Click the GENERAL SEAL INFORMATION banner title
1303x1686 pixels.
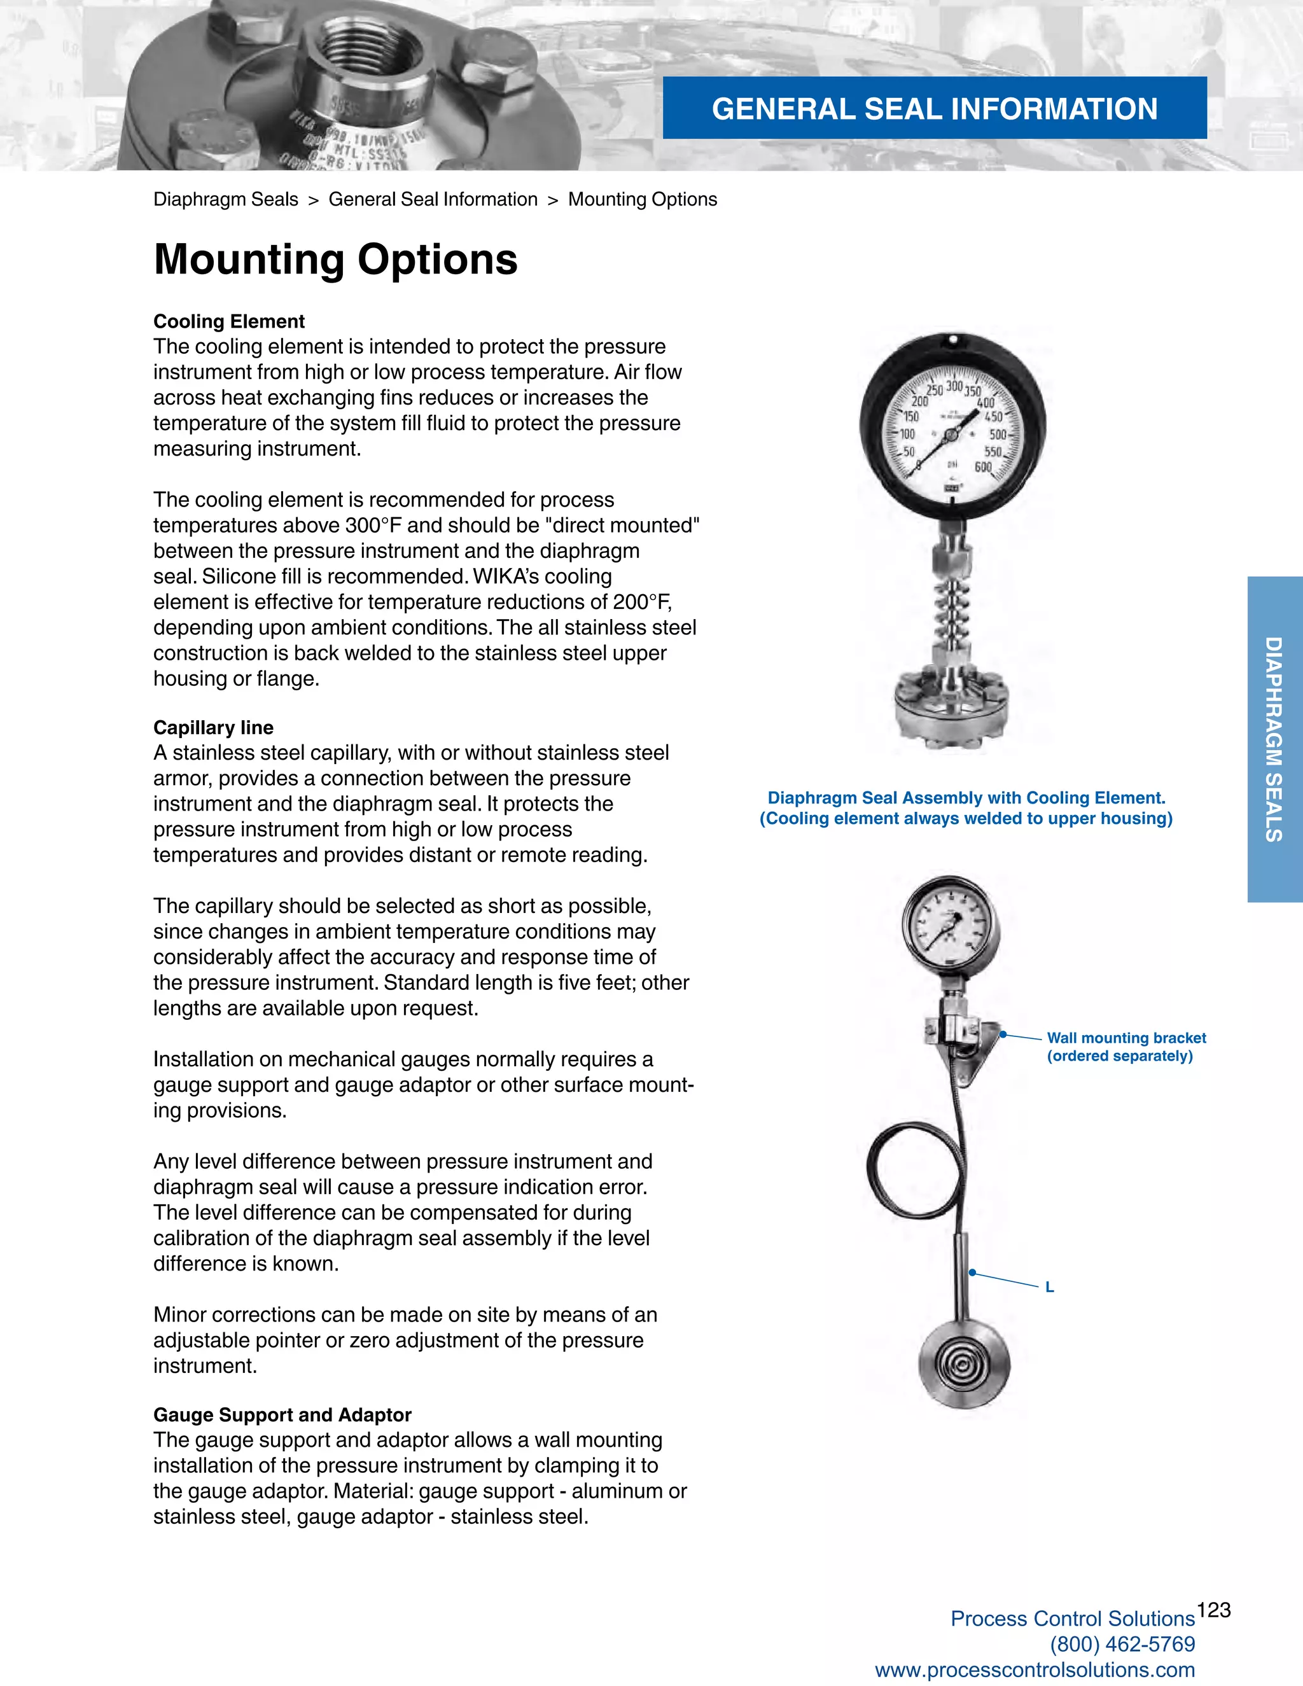pyautogui.click(x=934, y=109)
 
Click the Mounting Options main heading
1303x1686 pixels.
pyautogui.click(x=335, y=260)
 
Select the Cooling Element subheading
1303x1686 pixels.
pyautogui.click(x=228, y=321)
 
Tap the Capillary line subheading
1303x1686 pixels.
pyautogui.click(x=213, y=727)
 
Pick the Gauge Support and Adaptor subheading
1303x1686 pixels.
pyautogui.click(x=282, y=1414)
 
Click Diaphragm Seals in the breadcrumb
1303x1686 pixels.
pyautogui.click(x=225, y=199)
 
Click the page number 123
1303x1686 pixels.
pyautogui.click(x=1213, y=1610)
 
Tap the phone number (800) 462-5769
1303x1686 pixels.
pyautogui.click(x=1122, y=1644)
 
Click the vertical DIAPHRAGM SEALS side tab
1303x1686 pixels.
pyautogui.click(x=1274, y=739)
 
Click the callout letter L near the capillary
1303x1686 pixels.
pyautogui.click(x=1049, y=1287)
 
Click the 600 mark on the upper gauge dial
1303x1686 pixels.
pyautogui.click(x=982, y=467)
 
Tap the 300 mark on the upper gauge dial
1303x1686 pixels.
pyautogui.click(x=954, y=386)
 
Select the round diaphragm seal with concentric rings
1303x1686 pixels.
pyautogui.click(x=963, y=1364)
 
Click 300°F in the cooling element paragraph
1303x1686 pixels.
pyautogui.click(x=373, y=526)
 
